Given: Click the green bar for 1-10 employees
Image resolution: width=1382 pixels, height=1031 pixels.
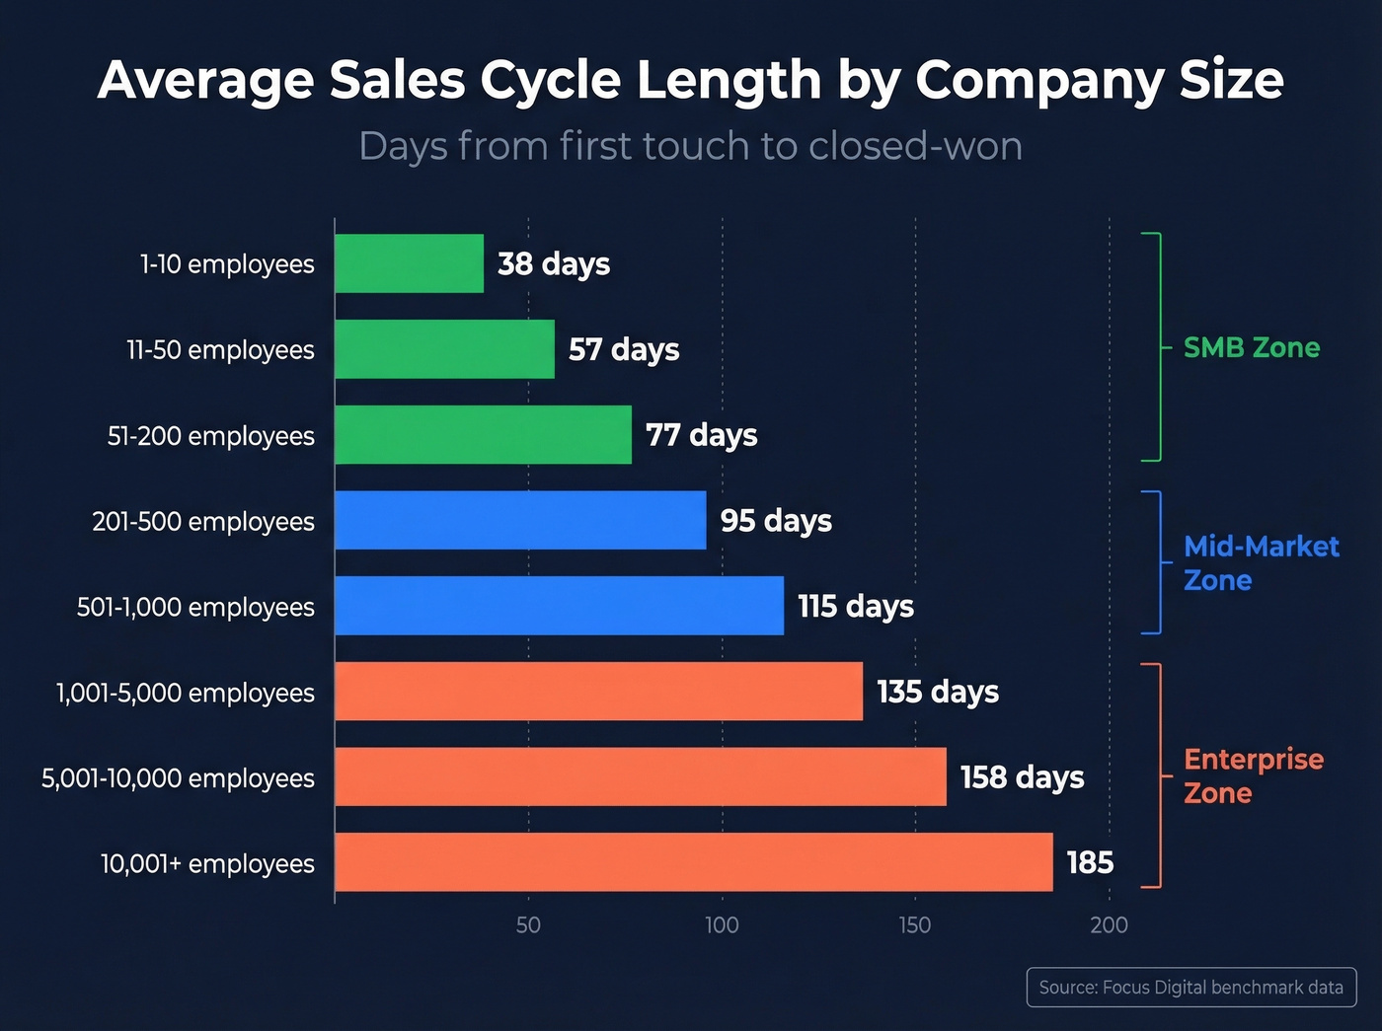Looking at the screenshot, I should pos(409,263).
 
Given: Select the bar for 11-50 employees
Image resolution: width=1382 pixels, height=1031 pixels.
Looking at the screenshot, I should pos(444,349).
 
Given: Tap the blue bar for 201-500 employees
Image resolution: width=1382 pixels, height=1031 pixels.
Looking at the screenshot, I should pos(520,520).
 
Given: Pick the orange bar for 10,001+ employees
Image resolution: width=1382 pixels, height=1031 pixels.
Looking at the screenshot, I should pos(693,862).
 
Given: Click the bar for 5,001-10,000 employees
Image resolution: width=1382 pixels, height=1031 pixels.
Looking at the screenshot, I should pos(640,776).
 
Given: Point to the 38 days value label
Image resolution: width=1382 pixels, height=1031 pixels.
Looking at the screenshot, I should pos(554,264).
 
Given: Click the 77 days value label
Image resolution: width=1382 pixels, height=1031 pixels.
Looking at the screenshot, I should pos(701,435).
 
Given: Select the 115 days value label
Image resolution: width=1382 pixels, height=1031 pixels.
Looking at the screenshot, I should pos(855,606).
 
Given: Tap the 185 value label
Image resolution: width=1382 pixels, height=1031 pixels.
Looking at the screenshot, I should pos(1090,863).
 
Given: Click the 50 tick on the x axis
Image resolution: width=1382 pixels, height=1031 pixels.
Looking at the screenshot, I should pos(528,925).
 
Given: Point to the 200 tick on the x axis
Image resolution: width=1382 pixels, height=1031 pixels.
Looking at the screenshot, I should pos(1109,925).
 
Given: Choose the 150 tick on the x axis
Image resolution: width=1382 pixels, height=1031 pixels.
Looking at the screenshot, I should pos(915,925).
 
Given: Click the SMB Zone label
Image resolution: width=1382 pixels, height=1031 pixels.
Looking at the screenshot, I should pos(1251,347).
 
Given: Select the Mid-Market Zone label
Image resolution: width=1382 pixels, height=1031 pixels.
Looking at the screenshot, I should pos(1261,563).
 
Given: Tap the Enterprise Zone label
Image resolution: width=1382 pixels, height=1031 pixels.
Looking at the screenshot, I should pos(1253,775).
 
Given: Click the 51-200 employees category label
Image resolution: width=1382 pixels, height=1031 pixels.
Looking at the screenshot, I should pos(210,436).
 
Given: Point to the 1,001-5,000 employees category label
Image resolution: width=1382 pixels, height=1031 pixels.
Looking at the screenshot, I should pos(186,693).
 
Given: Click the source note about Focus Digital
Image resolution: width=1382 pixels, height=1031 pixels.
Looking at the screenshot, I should pos(1190,988).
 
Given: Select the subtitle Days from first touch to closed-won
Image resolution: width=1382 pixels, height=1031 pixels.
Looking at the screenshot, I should pos(690,146).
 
